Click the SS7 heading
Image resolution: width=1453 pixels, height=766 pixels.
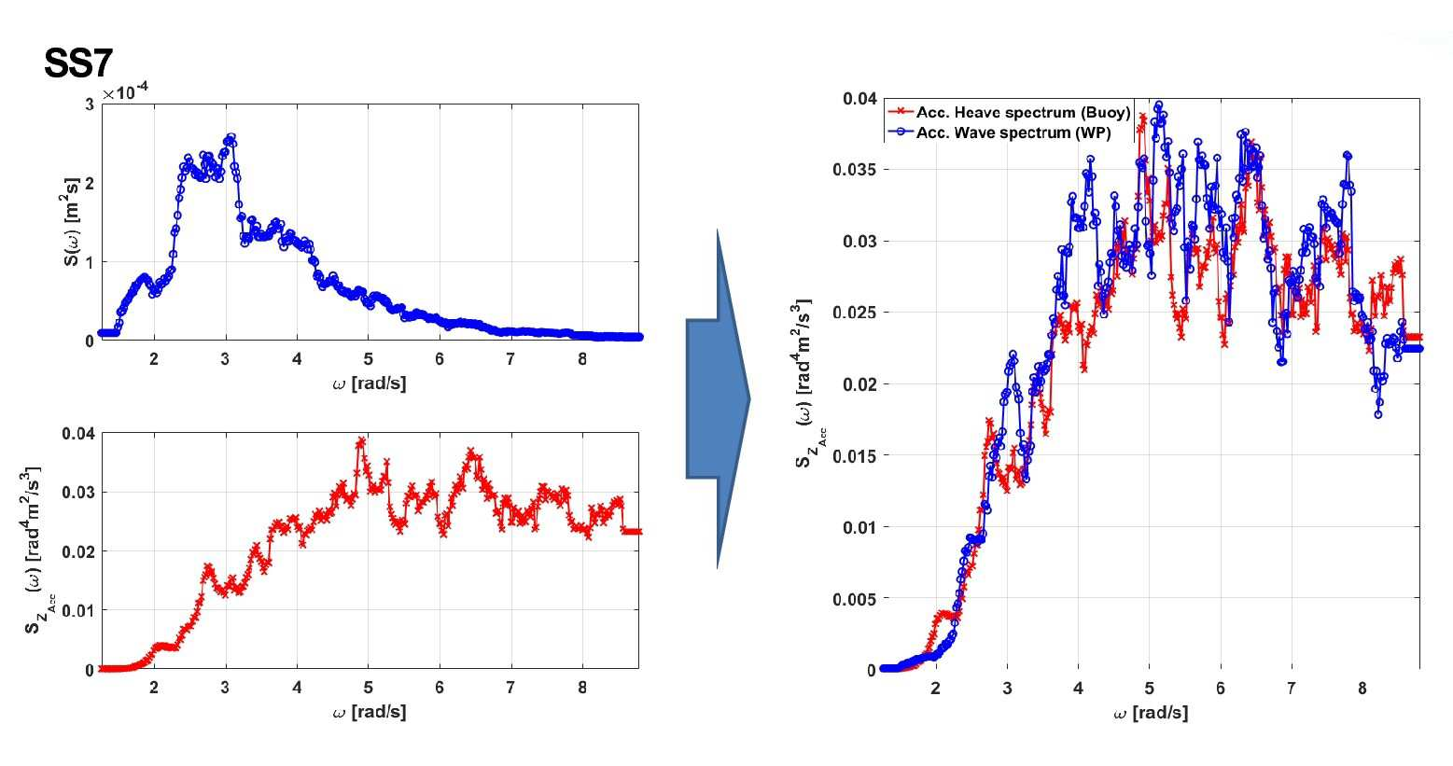[x=78, y=63]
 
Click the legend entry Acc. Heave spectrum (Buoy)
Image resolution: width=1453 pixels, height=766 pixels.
[x=1023, y=112]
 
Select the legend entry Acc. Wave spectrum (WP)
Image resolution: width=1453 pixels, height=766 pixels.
[x=1013, y=133]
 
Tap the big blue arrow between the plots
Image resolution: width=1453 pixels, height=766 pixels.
[x=718, y=399]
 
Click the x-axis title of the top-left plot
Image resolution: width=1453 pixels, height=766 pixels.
[x=370, y=383]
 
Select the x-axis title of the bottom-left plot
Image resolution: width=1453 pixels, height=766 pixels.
[x=370, y=712]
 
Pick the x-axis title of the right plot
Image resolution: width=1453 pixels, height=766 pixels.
[x=1151, y=714]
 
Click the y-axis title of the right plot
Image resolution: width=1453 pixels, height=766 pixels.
[x=809, y=383]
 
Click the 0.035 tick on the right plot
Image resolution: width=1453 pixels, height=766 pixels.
[x=854, y=170]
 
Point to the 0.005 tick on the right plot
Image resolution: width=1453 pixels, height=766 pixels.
[x=854, y=599]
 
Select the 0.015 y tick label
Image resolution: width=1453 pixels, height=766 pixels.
[x=854, y=456]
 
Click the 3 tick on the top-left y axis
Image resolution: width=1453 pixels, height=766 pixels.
[x=90, y=104]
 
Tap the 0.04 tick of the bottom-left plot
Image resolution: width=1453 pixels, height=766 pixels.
[x=77, y=433]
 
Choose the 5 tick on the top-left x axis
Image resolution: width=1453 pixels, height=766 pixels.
[x=369, y=358]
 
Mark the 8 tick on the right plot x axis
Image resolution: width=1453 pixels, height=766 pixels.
[x=1362, y=689]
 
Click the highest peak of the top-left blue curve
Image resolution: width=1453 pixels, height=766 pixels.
[x=231, y=137]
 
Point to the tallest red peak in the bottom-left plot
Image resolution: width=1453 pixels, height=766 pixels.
[x=361, y=441]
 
